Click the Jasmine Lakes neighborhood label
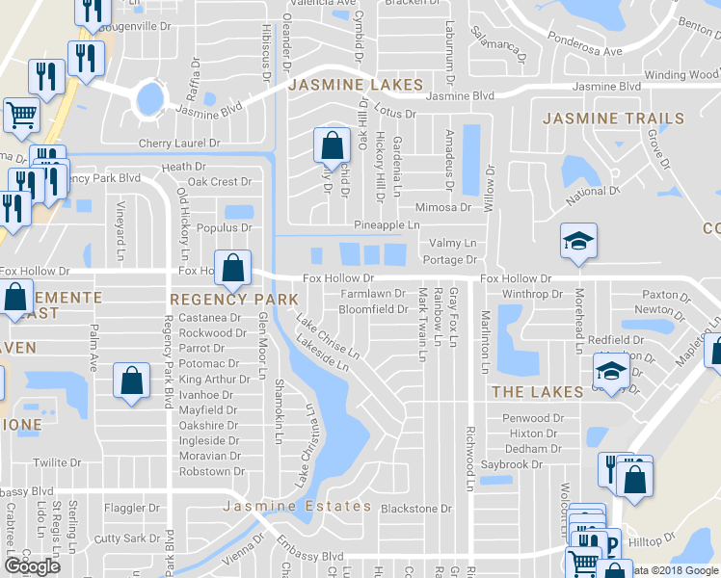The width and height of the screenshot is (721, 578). (x=353, y=85)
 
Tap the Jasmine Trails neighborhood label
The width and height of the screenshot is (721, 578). (x=614, y=118)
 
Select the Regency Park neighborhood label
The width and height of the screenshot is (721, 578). (x=234, y=300)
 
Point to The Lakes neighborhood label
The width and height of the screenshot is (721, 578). (x=537, y=392)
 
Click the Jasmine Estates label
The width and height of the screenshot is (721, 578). (x=297, y=506)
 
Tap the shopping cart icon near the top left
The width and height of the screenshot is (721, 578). (x=21, y=116)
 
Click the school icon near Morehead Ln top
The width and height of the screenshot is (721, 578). (x=579, y=242)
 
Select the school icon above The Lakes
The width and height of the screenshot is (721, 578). (x=611, y=371)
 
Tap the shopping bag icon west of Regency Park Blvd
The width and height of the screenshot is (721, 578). (x=131, y=381)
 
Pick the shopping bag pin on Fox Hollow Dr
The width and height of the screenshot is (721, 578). (x=233, y=268)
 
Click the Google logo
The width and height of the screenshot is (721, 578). (x=32, y=566)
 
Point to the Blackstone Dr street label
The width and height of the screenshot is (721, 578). (x=416, y=509)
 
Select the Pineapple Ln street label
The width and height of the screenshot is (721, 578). (x=387, y=224)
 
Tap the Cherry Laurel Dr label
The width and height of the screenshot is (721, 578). (x=179, y=143)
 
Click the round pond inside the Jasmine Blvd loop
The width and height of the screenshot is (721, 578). (x=150, y=97)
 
